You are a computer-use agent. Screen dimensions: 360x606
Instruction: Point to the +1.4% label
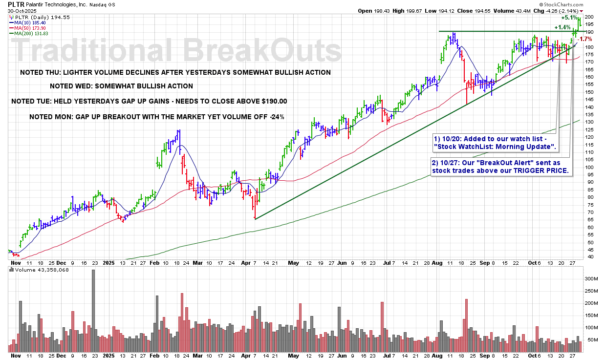click(x=563, y=27)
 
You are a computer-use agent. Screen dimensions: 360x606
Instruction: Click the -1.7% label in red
click(x=585, y=39)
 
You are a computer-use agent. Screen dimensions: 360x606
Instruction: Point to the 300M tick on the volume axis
click(x=591, y=279)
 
